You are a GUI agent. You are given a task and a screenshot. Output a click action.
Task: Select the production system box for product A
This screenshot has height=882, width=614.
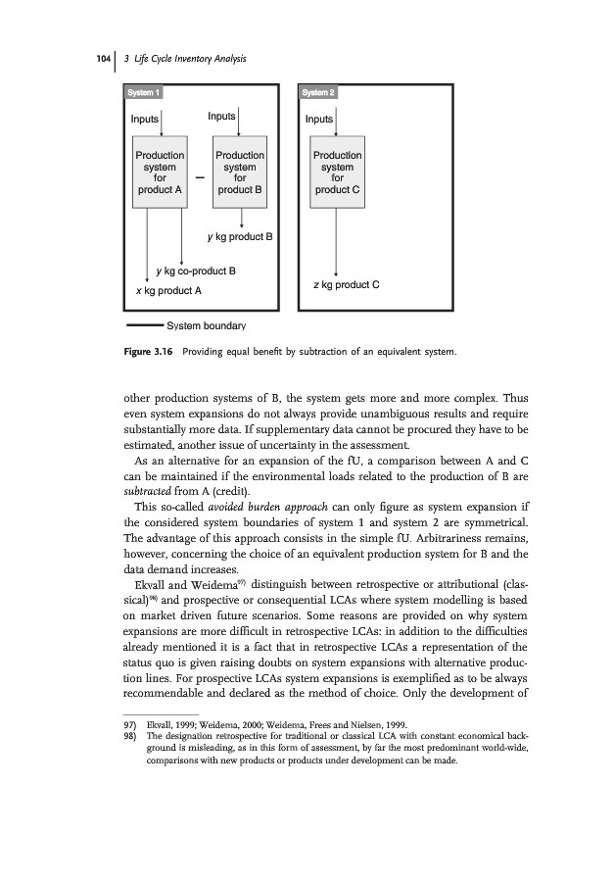(160, 173)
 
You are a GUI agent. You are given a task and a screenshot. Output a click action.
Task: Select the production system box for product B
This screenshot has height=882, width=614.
(240, 173)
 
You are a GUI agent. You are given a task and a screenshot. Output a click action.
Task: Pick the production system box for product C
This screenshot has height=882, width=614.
(337, 173)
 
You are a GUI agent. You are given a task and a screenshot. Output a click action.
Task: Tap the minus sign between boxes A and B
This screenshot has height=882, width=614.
(200, 178)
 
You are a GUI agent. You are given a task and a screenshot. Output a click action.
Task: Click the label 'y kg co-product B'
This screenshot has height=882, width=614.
(196, 269)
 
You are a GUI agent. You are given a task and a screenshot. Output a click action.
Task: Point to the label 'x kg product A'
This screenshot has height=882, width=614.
(168, 291)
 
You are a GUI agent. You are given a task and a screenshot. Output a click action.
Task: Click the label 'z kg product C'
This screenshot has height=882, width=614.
(342, 285)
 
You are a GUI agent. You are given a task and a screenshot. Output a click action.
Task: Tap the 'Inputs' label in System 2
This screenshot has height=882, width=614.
(319, 119)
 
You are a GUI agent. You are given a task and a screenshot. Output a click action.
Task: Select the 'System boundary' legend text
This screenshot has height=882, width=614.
(207, 324)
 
